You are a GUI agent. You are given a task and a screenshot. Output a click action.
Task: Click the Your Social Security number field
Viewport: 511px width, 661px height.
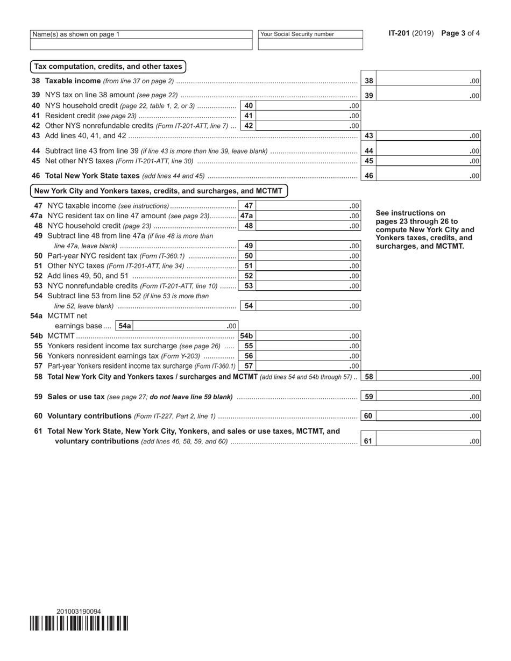(310, 45)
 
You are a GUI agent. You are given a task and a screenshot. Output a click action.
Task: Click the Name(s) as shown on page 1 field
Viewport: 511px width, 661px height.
(141, 45)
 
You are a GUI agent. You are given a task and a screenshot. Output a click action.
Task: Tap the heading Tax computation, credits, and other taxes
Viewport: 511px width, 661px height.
(108, 67)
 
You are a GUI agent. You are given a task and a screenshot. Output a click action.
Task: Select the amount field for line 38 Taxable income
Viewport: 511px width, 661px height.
(428, 81)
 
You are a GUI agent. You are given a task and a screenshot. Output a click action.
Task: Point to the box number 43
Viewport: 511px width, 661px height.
(368, 136)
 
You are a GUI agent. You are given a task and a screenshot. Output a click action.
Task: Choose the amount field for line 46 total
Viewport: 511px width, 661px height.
(428, 175)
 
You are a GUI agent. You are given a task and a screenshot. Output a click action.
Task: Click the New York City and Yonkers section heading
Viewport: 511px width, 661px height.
(159, 191)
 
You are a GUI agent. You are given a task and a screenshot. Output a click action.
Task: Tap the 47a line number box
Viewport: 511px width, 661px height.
(246, 215)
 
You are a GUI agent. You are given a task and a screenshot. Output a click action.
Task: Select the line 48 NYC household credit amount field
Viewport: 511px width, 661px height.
(308, 226)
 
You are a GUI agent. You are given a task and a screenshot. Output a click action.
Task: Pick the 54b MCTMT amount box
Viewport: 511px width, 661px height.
(308, 336)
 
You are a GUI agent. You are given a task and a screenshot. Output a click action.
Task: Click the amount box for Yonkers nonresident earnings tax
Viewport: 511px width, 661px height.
(308, 356)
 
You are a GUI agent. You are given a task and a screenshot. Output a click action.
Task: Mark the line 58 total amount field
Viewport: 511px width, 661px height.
(428, 377)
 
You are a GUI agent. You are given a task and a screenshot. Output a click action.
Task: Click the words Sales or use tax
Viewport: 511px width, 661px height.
(76, 397)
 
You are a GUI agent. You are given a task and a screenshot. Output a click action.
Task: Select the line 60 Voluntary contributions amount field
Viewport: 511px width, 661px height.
(428, 416)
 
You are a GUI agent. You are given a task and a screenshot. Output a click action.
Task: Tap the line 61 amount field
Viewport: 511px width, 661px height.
(428, 441)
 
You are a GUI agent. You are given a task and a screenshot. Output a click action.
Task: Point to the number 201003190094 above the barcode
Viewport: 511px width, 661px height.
(79, 612)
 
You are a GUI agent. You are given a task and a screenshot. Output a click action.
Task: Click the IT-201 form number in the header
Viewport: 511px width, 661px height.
(399, 33)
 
